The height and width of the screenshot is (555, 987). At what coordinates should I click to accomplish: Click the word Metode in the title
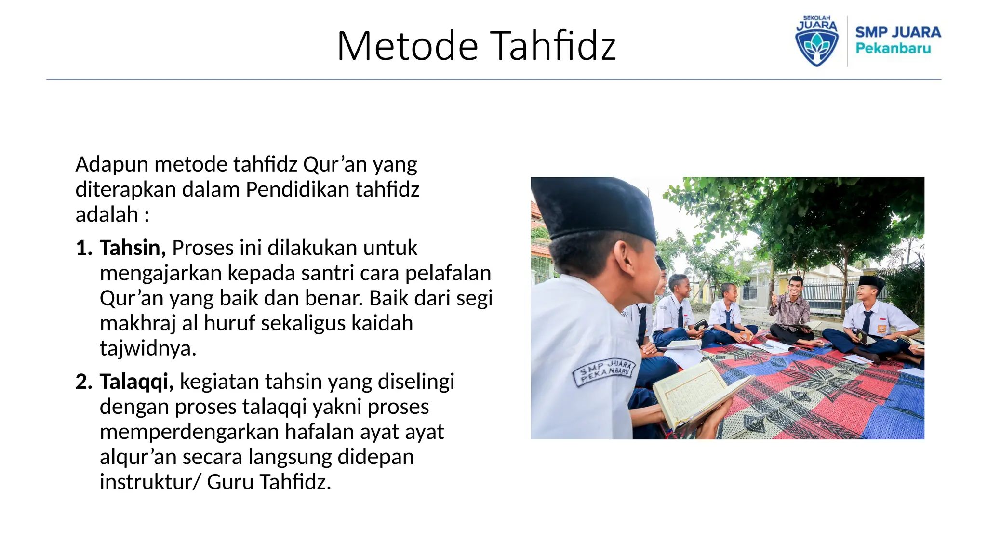(x=407, y=46)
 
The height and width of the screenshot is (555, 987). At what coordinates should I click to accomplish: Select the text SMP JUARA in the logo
(x=898, y=32)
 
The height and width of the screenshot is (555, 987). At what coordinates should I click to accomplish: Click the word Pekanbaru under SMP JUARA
(x=893, y=49)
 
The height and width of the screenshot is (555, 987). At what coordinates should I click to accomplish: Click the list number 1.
(x=84, y=248)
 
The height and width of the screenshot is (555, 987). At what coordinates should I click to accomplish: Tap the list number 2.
(x=84, y=382)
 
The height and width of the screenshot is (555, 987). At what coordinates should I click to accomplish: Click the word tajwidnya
(x=148, y=348)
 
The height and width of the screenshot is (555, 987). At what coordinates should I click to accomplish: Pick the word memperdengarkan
(x=188, y=432)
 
